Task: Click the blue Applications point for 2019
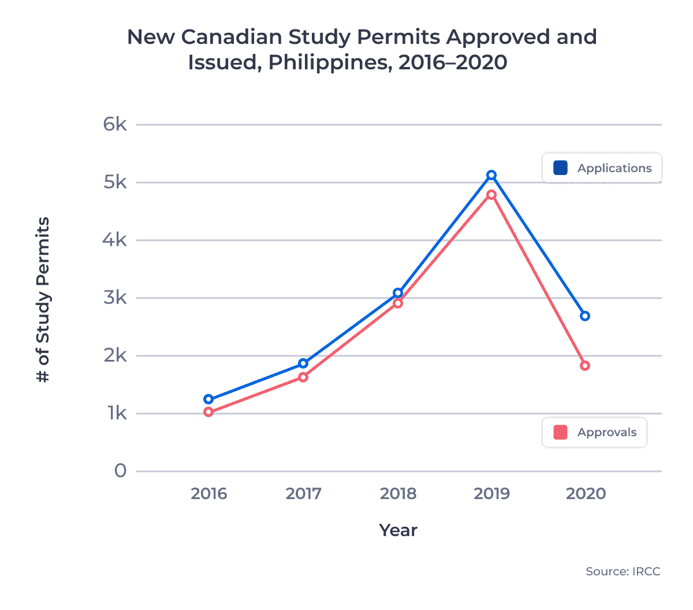click(491, 175)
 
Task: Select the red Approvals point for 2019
click(491, 195)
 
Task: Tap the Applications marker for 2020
click(585, 316)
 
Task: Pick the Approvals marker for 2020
click(585, 366)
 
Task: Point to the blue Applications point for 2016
click(208, 399)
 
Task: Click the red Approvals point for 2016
click(208, 412)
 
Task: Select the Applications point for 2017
click(303, 363)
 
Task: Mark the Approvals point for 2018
click(398, 303)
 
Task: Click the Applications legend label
click(614, 168)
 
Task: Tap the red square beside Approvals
click(560, 432)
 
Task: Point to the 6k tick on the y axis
click(115, 124)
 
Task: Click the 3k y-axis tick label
click(115, 297)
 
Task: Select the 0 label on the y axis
click(120, 471)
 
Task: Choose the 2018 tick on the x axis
click(398, 494)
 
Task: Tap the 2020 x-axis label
click(586, 494)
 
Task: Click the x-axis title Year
click(398, 530)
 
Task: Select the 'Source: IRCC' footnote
click(623, 571)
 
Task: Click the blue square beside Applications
click(560, 168)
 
